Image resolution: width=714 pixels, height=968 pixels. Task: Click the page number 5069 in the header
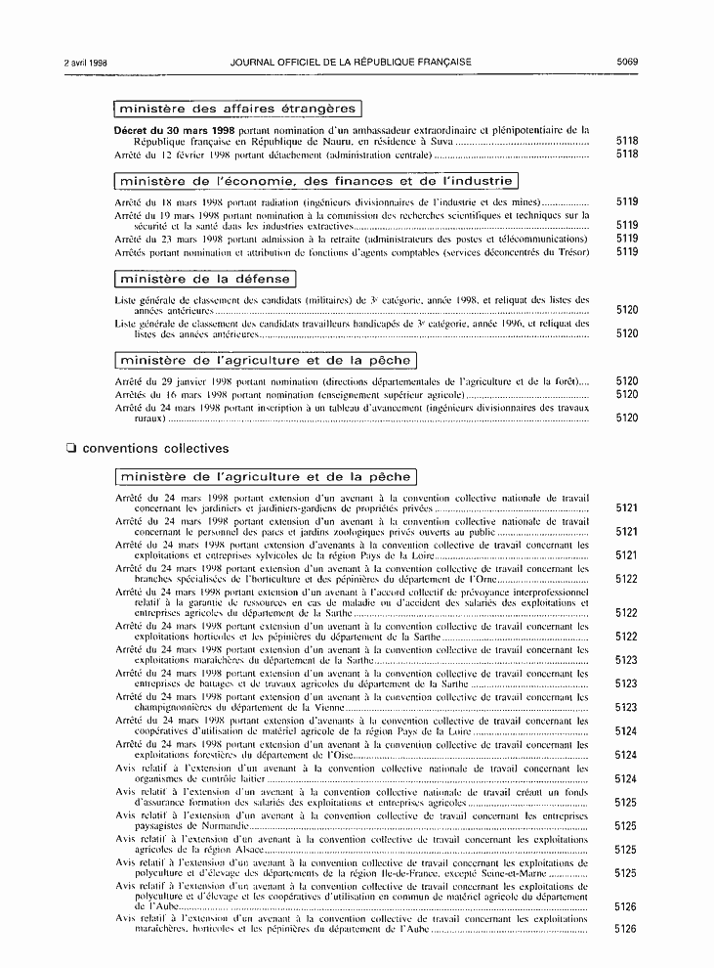point(627,62)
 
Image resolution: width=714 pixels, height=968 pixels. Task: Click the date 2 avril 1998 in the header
point(85,62)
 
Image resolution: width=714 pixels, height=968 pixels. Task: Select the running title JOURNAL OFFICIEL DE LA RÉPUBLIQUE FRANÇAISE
point(352,62)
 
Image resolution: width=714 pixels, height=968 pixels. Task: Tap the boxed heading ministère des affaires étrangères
point(236,109)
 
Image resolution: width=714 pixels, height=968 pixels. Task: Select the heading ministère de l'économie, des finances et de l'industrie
point(315,181)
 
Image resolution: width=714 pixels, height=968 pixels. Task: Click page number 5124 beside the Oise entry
point(627,755)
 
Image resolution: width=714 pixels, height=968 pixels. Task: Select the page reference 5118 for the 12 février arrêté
point(627,154)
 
